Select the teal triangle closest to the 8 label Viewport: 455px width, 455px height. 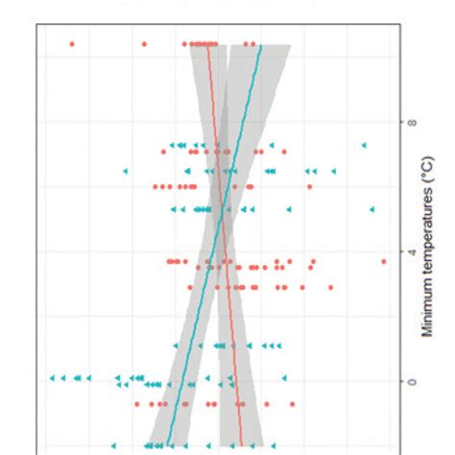click(364, 145)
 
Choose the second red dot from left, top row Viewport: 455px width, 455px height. click(144, 44)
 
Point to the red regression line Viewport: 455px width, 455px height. click(230, 317)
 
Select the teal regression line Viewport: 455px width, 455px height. click(192, 317)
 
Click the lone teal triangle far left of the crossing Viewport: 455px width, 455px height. click(125, 171)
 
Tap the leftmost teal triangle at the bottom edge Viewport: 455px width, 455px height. click(113, 444)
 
